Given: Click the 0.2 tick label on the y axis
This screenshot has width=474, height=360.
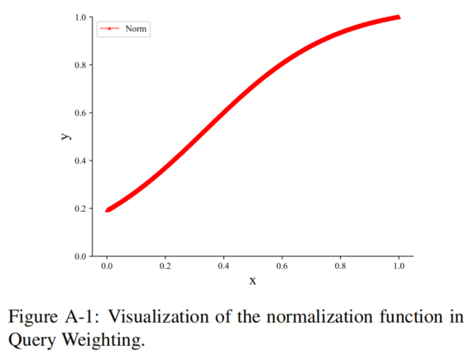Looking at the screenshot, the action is coord(80,209).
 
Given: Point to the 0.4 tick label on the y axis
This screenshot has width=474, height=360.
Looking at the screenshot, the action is coord(80,161).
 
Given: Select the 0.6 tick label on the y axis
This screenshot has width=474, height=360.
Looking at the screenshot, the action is coord(80,113).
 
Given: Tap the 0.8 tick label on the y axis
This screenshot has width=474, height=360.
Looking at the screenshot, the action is coord(80,65).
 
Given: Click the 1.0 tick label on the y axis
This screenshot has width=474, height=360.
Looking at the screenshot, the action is coord(80,17).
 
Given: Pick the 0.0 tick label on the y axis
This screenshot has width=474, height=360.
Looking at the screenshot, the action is coord(80,257).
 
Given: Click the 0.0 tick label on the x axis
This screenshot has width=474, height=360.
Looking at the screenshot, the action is coord(107,266).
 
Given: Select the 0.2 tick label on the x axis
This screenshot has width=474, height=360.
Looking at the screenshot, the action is coord(165,266).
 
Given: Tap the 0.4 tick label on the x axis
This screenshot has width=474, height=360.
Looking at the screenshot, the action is coord(223,266).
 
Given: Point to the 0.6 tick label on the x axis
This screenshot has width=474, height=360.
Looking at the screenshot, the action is coord(282,266).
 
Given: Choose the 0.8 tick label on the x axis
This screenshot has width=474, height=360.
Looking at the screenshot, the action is coord(340,266).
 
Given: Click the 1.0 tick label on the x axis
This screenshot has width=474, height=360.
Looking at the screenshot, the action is coord(399,266).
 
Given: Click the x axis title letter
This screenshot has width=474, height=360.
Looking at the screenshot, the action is coord(253,281).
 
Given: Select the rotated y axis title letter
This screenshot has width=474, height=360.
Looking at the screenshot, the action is coord(66,136).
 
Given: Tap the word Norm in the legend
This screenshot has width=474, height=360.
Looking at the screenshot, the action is coord(136,29).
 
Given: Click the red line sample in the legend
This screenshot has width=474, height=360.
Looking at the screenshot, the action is coord(109,29).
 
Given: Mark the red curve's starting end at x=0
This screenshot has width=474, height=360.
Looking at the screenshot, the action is coord(107,210).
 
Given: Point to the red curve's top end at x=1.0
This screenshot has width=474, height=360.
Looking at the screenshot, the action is coord(399,17).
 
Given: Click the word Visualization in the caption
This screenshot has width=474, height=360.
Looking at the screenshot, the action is coord(158,317).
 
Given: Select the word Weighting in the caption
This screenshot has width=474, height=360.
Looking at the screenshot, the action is coord(103,340).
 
